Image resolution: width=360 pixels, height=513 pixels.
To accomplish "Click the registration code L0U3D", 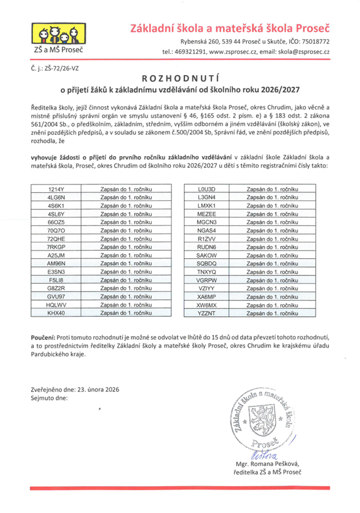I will (x=206, y=189).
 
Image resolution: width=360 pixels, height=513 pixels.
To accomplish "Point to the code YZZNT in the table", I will (x=206, y=314).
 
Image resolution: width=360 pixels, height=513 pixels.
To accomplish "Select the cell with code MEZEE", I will (x=206, y=213).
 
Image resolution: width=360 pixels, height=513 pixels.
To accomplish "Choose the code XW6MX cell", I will (x=206, y=306).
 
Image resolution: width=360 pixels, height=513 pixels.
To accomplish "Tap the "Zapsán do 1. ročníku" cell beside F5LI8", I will (x=126, y=280).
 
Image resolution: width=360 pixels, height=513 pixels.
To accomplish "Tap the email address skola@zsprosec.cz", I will (x=302, y=52).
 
